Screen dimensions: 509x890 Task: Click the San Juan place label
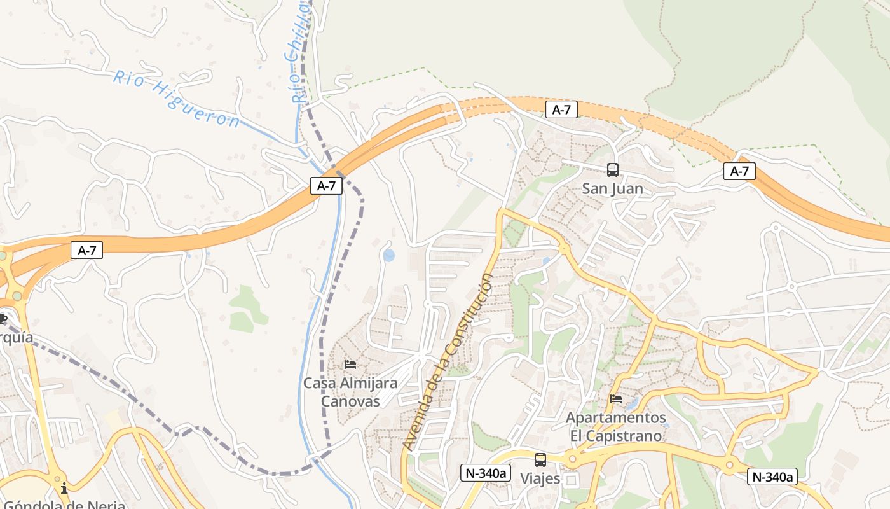(x=613, y=189)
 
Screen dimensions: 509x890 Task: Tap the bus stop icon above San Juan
(x=613, y=170)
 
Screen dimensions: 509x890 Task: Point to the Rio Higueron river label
(x=177, y=99)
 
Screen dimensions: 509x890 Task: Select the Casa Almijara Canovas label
(x=350, y=392)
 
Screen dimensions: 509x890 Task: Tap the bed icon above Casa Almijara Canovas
(x=350, y=365)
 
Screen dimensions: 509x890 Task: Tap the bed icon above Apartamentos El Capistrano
(x=616, y=399)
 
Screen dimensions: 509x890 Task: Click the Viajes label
(x=540, y=478)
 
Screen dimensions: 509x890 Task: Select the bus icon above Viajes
(x=540, y=459)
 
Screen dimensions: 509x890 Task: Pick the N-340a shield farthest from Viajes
(x=772, y=477)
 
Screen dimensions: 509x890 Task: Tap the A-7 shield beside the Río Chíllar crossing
(x=326, y=186)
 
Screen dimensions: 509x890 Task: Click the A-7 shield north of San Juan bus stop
(x=561, y=109)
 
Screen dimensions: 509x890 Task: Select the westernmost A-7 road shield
(x=86, y=250)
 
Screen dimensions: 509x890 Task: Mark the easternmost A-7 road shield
(x=739, y=171)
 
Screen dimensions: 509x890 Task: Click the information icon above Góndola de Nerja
(x=64, y=488)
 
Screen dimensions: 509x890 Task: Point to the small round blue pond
(x=388, y=255)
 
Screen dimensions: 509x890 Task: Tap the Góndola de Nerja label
(x=64, y=505)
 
